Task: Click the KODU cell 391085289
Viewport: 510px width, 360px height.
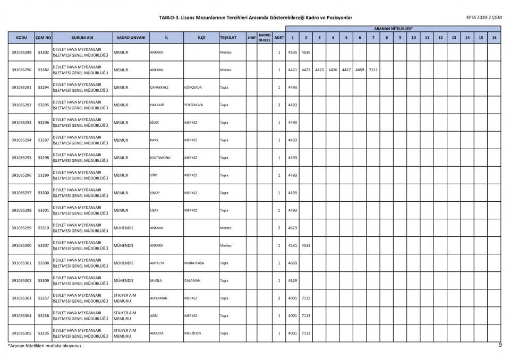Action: click(x=21, y=53)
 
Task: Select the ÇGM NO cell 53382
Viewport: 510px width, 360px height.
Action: click(x=44, y=70)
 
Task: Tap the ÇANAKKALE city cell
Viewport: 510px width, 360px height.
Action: click(x=159, y=88)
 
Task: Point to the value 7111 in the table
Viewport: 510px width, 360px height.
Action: click(x=373, y=70)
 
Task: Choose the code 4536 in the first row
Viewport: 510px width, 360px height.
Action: click(x=306, y=53)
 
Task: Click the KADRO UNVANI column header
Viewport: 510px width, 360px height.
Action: click(x=131, y=38)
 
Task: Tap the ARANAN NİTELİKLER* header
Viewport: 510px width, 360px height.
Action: click(x=393, y=28)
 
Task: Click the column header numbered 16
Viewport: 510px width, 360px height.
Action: click(x=495, y=38)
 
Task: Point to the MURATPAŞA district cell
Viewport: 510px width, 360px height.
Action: click(x=194, y=263)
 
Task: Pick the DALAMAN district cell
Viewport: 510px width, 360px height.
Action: click(x=192, y=280)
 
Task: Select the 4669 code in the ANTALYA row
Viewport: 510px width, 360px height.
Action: click(x=293, y=263)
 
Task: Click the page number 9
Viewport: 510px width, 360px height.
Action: click(x=500, y=345)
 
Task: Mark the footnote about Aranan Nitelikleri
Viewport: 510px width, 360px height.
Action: click(x=45, y=346)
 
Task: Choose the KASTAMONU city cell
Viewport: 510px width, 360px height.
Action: click(x=161, y=158)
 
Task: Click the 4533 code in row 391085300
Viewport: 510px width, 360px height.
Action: click(x=306, y=245)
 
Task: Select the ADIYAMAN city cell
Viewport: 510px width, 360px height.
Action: click(x=159, y=298)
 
